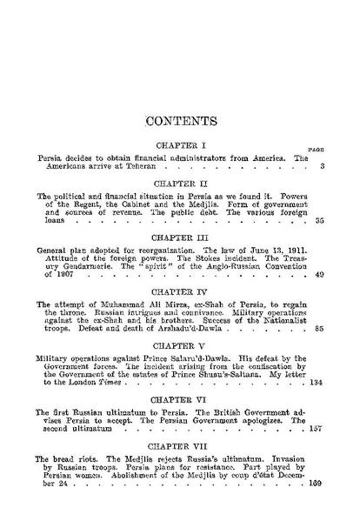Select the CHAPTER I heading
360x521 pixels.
(179, 142)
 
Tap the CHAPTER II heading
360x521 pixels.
(179, 185)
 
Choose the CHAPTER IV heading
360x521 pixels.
(179, 291)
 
